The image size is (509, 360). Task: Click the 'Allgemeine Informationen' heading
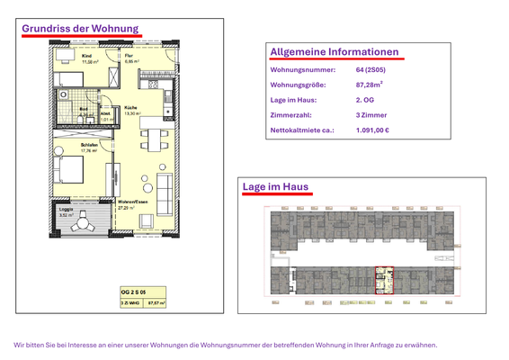pos(334,52)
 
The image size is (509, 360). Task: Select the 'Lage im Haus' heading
pos(275,187)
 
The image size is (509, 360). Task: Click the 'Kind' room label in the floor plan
pos(86,57)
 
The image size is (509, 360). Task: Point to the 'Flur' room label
pos(129,57)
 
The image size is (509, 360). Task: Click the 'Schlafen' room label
pos(89,144)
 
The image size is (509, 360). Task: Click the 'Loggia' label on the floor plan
pos(66,210)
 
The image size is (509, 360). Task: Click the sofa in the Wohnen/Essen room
pos(165,193)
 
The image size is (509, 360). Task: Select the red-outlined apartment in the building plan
pos(385,280)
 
